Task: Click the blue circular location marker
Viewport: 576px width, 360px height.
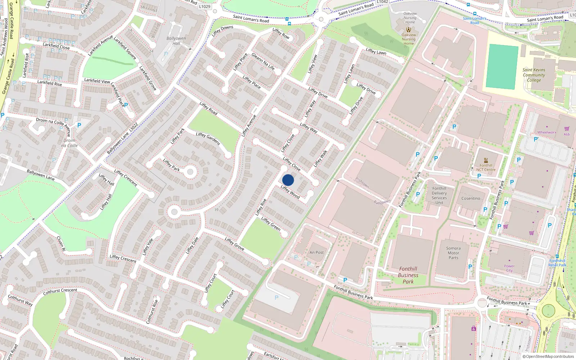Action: [288, 180]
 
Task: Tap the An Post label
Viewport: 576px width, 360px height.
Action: [316, 253]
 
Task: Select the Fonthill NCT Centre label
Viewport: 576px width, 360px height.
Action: [486, 167]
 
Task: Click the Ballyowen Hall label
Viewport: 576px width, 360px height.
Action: [176, 41]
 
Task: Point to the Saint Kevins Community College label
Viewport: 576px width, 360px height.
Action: [534, 75]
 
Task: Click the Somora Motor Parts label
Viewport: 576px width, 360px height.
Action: [453, 253]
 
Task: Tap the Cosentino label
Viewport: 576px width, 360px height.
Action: [471, 198]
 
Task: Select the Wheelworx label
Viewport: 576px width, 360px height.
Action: [546, 132]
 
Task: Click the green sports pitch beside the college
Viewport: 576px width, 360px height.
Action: [501, 67]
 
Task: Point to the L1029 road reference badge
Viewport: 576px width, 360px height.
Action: [204, 6]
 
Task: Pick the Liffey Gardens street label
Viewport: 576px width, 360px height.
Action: [208, 139]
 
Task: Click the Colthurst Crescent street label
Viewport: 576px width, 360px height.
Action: [60, 291]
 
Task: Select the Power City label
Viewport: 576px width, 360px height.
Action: [509, 268]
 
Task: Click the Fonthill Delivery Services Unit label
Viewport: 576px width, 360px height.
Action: [439, 195]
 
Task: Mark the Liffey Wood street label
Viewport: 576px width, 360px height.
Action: [290, 192]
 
